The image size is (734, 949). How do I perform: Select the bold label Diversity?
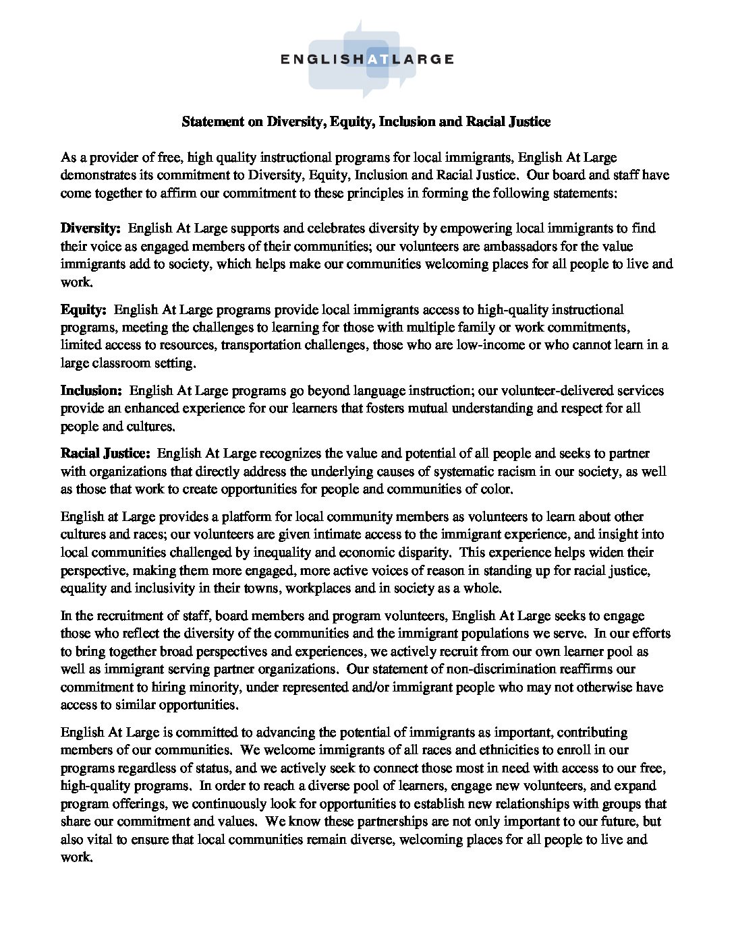[90, 228]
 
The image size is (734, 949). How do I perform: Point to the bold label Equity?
[84, 310]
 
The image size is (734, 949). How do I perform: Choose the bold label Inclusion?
[91, 391]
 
